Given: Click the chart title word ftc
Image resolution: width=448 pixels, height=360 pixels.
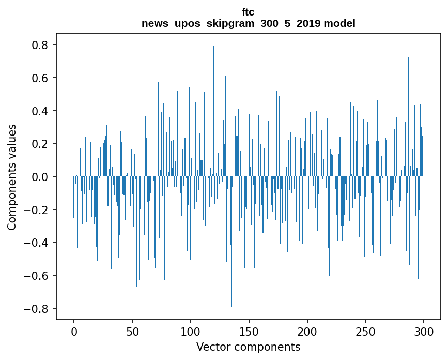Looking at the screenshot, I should coord(248,12).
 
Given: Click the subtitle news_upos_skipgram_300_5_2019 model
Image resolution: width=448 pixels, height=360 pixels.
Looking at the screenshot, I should coord(248,23).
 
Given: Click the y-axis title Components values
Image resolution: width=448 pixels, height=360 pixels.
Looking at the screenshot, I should coord(12,177).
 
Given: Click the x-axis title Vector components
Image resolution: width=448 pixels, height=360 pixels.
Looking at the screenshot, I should coord(248,347).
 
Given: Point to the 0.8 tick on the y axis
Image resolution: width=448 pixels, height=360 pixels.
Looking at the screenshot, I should coord(40,45).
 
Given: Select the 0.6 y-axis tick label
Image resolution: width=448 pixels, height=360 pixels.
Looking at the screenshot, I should coord(40,78).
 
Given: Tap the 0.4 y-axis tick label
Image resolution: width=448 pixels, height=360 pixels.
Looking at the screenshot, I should coord(40,111).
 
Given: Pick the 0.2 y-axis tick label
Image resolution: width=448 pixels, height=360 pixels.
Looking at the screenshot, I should coord(40,144).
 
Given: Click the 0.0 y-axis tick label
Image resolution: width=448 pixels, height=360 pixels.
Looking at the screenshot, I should coord(40,177).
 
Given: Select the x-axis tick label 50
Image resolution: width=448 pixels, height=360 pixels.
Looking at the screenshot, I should coord(132,331).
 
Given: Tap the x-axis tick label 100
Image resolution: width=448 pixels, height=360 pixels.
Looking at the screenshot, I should coord(191,331).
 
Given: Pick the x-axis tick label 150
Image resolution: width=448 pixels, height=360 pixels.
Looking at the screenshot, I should coord(249,331).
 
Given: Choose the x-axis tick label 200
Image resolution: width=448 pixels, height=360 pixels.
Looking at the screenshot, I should coord(307,331).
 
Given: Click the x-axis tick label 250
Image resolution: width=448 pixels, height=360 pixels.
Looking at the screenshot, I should coord(365,331).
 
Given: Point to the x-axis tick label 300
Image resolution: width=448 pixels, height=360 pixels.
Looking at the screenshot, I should coord(424,331).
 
